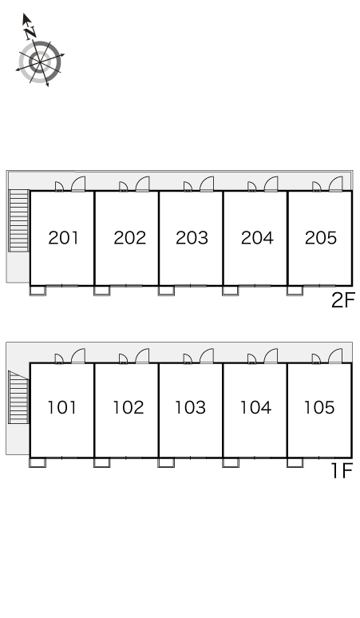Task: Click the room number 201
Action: pos(63,238)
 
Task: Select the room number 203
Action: pos(192,238)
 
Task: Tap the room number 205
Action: pos(321,238)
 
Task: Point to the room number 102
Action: pos(128,407)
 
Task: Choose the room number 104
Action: pos(255,407)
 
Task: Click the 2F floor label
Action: pos(343,300)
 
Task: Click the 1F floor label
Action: pos(341,470)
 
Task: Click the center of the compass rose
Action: pos(40,61)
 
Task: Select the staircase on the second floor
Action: pos(19,220)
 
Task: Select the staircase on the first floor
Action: pos(19,398)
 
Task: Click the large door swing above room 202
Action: pos(143,184)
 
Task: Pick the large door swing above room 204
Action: pos(271,184)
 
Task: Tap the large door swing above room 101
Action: pos(78,356)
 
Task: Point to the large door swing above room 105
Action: pos(335,356)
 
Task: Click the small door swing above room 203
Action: pos(188,186)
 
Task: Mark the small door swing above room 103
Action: pos(188,359)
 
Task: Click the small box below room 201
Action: pos(38,291)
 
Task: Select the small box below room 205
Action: pos(295,291)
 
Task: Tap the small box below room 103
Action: pos(166,462)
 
